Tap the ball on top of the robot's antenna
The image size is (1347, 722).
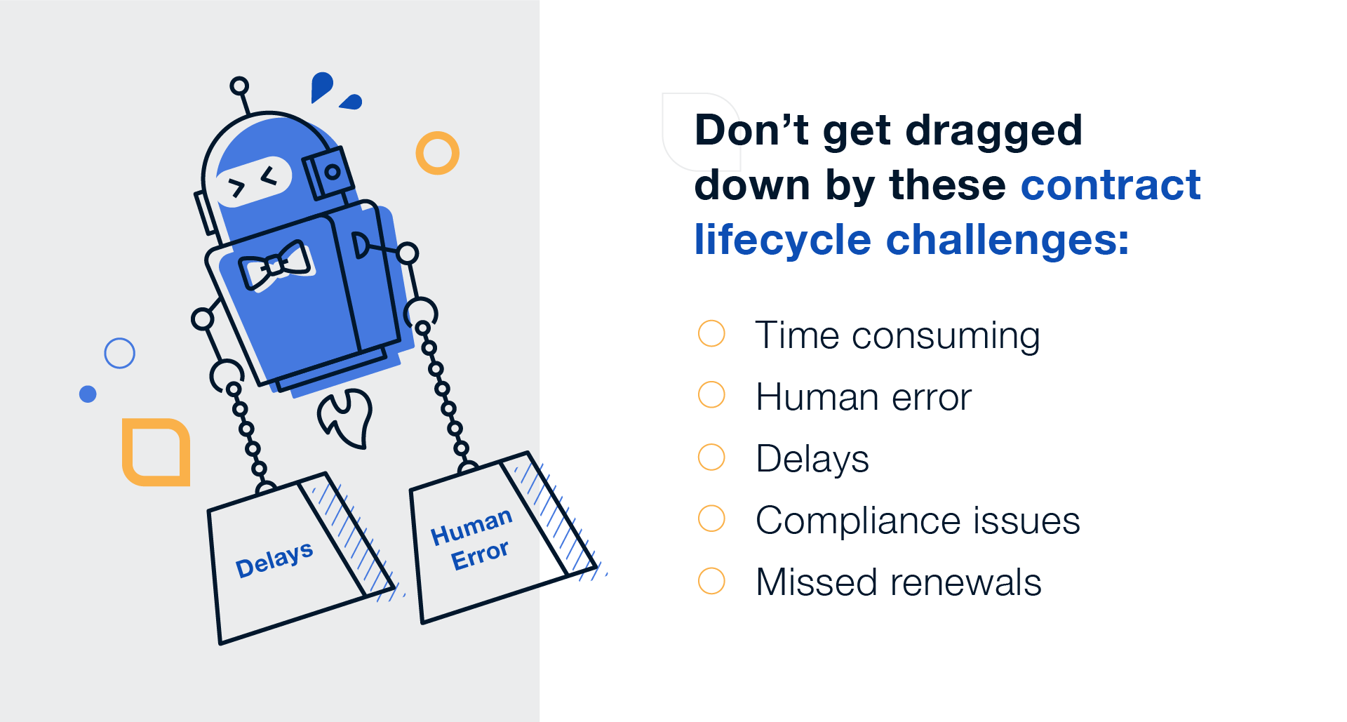(239, 86)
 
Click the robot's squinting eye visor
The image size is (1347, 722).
(253, 181)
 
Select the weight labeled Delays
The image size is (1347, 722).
(288, 561)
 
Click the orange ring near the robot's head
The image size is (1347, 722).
(437, 153)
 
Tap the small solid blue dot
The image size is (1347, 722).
(88, 394)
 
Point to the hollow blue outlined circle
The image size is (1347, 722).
(119, 353)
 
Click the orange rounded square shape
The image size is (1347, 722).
(156, 452)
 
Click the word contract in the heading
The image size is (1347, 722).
(1111, 185)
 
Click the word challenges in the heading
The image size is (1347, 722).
(1007, 240)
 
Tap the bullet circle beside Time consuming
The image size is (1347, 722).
(711, 333)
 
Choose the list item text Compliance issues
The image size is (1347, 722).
(918, 521)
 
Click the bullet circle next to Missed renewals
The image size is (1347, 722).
(711, 581)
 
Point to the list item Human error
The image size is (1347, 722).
(864, 397)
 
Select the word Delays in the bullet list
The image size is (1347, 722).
(812, 459)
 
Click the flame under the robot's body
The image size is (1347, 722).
(346, 418)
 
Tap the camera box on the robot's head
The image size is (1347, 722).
(328, 172)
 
